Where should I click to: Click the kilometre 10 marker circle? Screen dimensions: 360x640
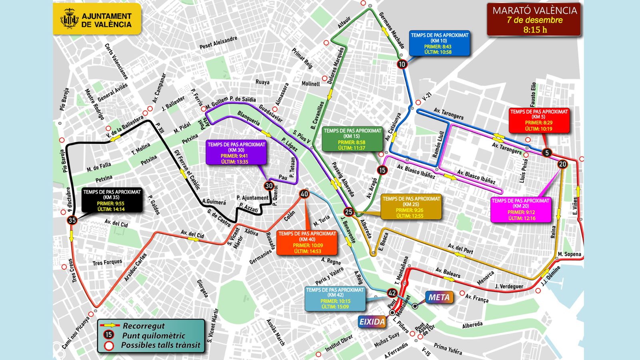pyautogui.click(x=402, y=64)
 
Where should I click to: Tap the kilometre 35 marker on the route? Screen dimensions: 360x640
pyautogui.click(x=72, y=220)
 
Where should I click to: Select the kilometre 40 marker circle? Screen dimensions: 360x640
pyautogui.click(x=304, y=194)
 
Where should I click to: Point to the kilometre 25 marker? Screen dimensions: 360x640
pyautogui.click(x=349, y=212)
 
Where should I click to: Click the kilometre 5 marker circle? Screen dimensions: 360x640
pyautogui.click(x=547, y=152)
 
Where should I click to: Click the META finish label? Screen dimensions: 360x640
pyautogui.click(x=439, y=297)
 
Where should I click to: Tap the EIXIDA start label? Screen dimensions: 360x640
pyautogui.click(x=372, y=322)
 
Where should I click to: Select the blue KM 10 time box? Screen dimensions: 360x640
pyautogui.click(x=439, y=43)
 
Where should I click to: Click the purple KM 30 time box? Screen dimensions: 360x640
pyautogui.click(x=236, y=153)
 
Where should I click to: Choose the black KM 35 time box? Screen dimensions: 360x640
pyautogui.click(x=112, y=200)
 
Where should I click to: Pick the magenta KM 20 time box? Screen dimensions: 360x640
pyautogui.click(x=520, y=209)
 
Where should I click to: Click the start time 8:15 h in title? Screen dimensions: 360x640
pyautogui.click(x=535, y=30)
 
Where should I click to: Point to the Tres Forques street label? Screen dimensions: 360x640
pyautogui.click(x=107, y=262)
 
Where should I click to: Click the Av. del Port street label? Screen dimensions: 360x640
pyautogui.click(x=460, y=249)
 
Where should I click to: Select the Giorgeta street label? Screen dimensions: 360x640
pyautogui.click(x=202, y=288)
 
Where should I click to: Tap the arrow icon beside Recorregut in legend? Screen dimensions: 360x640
pyautogui.click(x=110, y=326)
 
